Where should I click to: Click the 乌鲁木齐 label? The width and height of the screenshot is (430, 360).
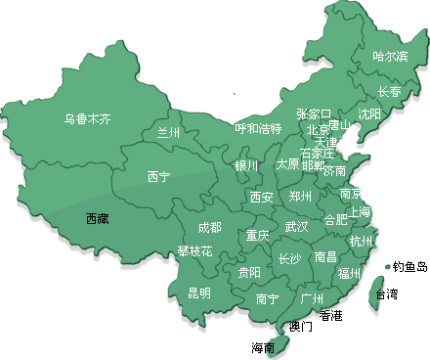88,120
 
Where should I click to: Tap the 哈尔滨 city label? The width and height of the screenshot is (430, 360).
390,56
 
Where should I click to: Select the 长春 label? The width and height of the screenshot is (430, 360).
389,91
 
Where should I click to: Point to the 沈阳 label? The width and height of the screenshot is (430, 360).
369,113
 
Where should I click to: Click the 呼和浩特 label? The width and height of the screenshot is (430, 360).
258,128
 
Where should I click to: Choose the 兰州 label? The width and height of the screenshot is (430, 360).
169,133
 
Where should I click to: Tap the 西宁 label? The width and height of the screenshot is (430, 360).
158,177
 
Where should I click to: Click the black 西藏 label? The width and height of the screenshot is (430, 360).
97,218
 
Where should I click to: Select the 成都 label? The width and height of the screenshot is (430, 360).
209,227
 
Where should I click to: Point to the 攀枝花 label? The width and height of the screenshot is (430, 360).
194,250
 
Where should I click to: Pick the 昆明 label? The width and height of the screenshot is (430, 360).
198,292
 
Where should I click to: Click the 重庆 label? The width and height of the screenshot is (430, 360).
257,236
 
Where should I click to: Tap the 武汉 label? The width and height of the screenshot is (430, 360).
296,227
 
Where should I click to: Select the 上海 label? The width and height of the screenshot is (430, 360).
361,211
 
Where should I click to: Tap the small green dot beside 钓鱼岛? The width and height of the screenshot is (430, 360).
388,265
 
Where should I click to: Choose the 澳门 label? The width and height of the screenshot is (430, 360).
300,326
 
